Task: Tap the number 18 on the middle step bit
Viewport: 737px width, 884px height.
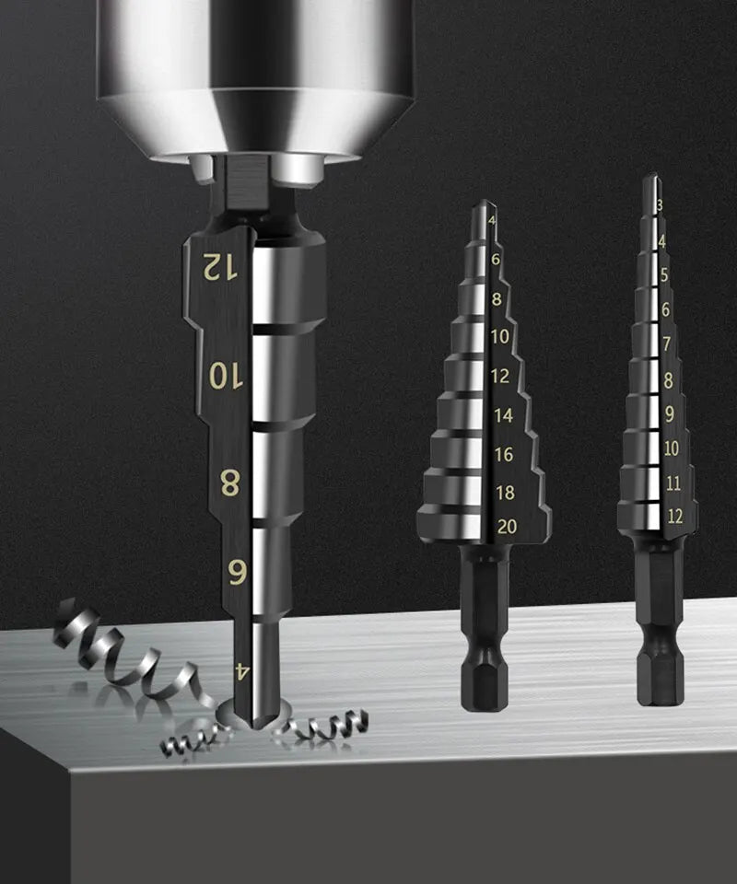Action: [x=504, y=492]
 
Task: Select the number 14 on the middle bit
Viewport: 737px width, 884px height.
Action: [x=503, y=415]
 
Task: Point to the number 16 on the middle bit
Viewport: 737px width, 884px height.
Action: [x=503, y=454]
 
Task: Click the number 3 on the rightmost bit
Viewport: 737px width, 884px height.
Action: [x=660, y=204]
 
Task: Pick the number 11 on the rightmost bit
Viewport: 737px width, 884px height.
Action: [x=673, y=483]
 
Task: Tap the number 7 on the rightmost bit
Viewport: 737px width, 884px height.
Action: [x=667, y=343]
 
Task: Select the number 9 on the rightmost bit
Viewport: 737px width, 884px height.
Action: [x=670, y=413]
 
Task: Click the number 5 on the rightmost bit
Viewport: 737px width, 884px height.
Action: [x=664, y=274]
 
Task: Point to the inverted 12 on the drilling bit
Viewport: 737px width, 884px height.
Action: [x=220, y=267]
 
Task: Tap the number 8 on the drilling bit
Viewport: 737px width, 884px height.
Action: [x=230, y=483]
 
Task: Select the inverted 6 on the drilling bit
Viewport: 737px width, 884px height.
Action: [x=237, y=573]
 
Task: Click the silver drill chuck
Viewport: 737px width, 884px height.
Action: [x=253, y=74]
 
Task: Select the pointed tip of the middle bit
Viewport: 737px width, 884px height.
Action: [x=484, y=207]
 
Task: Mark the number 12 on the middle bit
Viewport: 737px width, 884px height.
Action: [x=500, y=376]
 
